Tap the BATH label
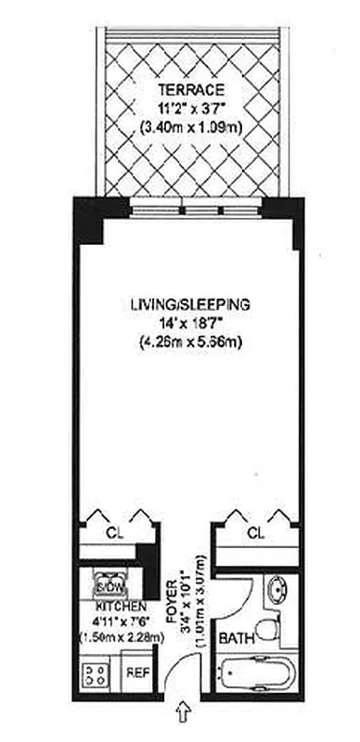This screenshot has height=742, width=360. (232, 640)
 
